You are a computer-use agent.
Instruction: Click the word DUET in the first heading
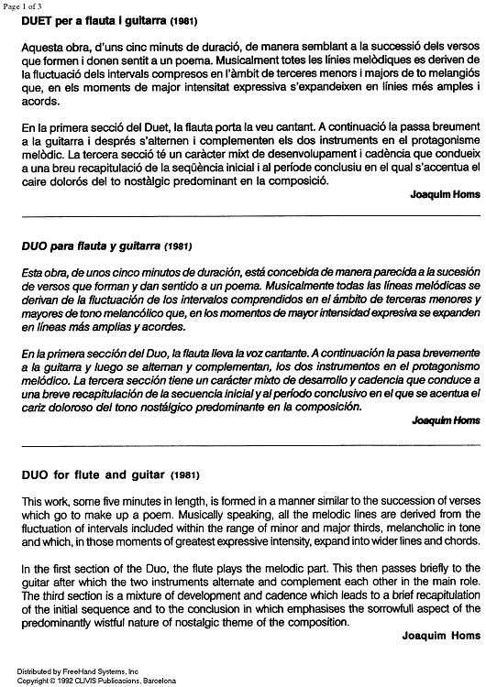(39, 20)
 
